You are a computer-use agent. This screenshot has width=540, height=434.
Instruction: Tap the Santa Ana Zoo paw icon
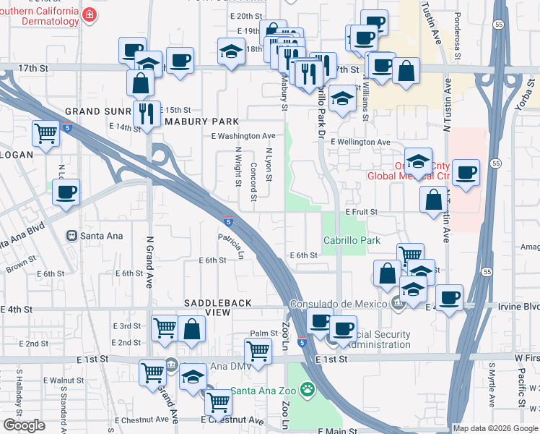pyautogui.click(x=308, y=390)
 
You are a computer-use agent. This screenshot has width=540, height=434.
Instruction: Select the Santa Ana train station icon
pyautogui.click(x=72, y=235)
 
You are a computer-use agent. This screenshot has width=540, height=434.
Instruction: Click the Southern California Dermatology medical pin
pyautogui.click(x=89, y=15)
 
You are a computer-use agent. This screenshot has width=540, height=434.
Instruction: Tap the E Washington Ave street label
pyautogui.click(x=243, y=136)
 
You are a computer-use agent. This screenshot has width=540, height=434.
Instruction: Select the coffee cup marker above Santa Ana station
pyautogui.click(x=66, y=192)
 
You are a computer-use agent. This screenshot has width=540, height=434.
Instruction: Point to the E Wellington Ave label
pyautogui.click(x=361, y=142)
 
